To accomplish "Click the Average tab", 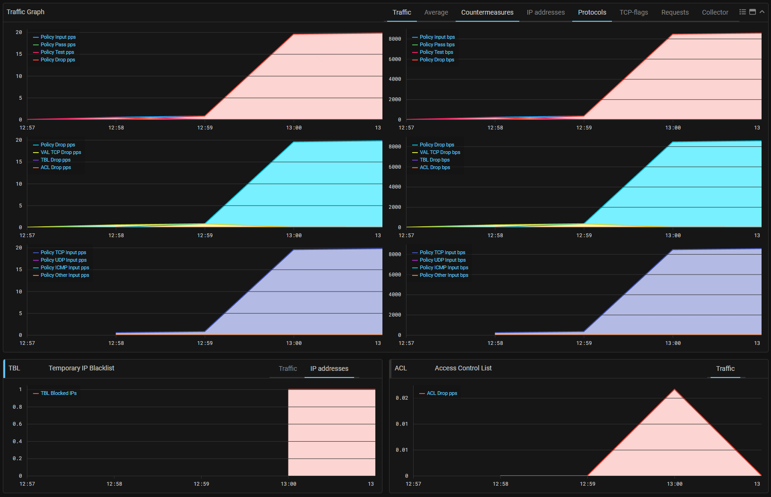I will click(x=436, y=12).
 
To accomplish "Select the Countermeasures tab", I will click(x=487, y=12).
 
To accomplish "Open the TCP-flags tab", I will click(x=634, y=12).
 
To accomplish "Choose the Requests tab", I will click(x=675, y=12).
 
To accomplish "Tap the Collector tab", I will click(x=715, y=12).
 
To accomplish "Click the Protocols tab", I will click(x=592, y=12).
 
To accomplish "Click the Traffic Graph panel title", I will click(x=25, y=12).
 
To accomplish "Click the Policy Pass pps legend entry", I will click(x=58, y=44).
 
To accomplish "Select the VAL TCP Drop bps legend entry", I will click(x=440, y=152).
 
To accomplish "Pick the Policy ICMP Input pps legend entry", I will click(x=65, y=267).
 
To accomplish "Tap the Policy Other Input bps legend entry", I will click(x=444, y=275).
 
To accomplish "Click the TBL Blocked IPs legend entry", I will click(x=59, y=393).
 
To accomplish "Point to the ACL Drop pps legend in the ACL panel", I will click(x=441, y=393).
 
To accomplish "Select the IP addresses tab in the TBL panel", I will click(x=329, y=368).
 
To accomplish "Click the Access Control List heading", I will click(x=463, y=368).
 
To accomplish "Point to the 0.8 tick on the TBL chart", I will click(x=17, y=407).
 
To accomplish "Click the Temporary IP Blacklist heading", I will click(x=81, y=368).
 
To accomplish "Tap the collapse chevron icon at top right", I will click(x=762, y=12).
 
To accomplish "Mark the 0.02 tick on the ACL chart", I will click(x=402, y=398).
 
